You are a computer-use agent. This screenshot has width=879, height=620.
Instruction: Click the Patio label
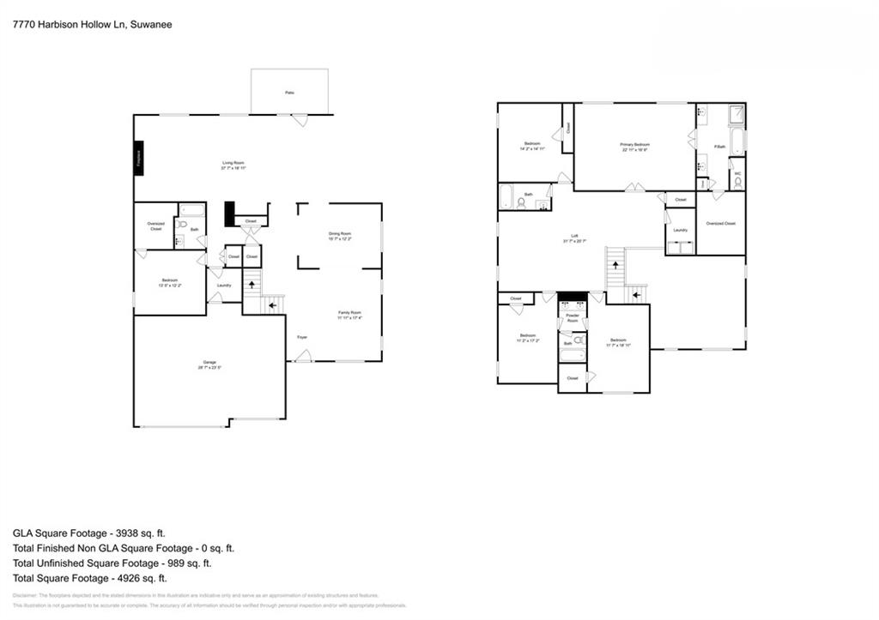tap(289, 92)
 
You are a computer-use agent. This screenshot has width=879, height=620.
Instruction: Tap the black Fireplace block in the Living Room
tap(137, 158)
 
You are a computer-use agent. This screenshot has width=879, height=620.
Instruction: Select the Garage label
tap(209, 364)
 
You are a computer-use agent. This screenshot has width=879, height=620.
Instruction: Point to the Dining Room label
tap(339, 234)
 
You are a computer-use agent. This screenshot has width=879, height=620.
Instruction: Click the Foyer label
tap(302, 337)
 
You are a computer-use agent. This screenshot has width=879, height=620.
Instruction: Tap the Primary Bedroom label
tap(634, 145)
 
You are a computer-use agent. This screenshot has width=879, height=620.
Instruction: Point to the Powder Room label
tap(572, 317)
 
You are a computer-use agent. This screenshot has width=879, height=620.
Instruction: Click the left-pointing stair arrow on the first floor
tap(273, 304)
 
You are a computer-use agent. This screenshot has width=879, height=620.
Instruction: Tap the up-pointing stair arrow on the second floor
tap(615, 265)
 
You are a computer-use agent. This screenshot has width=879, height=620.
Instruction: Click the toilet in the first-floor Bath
tap(182, 225)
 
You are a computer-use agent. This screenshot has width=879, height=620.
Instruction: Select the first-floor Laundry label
tap(224, 286)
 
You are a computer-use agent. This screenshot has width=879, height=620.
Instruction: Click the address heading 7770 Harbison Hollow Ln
tap(92, 25)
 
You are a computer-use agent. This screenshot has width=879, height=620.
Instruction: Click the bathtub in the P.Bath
tap(737, 141)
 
